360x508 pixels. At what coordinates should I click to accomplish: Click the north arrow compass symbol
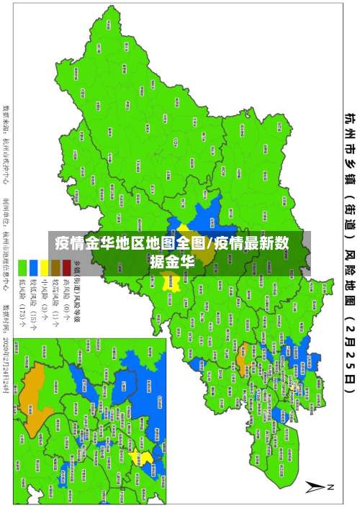click(x=317, y=487)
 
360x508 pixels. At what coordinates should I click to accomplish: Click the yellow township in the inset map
click(x=147, y=457)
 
